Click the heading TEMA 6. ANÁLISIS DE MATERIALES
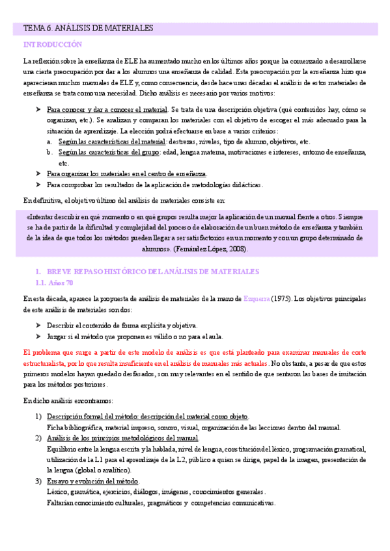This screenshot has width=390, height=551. pos(88,29)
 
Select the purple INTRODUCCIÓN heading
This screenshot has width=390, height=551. pos(53,45)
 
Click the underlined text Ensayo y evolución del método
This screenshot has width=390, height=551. pos(92,481)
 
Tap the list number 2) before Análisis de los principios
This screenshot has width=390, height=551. pos(38,439)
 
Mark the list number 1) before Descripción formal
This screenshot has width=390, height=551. pos(38,416)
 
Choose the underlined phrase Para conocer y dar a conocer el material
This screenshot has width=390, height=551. pos(107,109)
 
